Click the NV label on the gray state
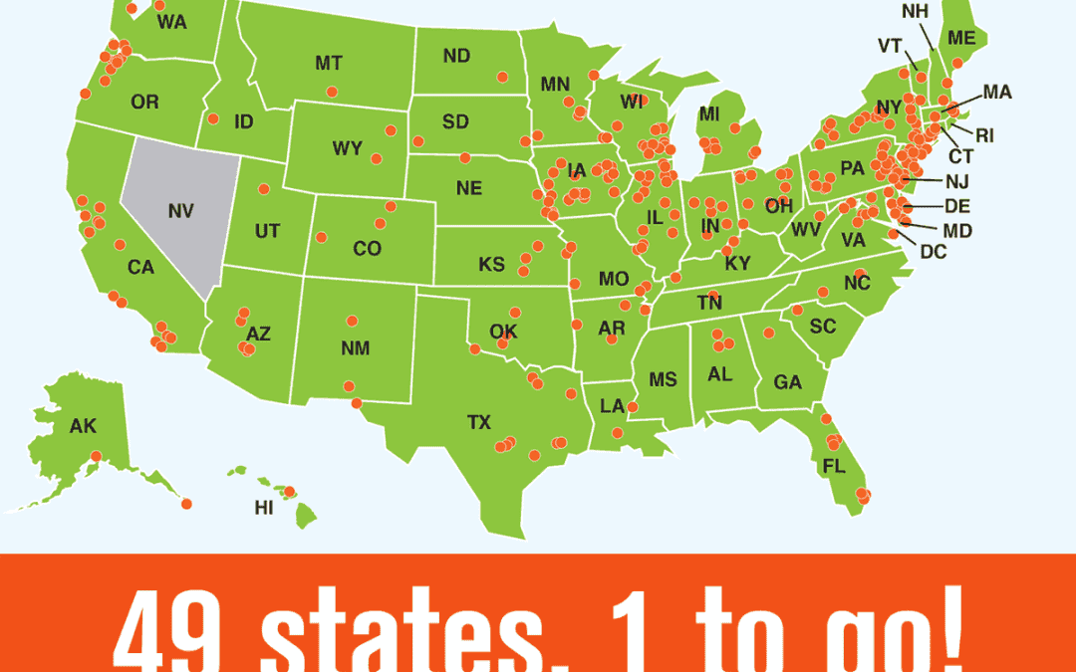pos(180,211)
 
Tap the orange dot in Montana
pos(332,92)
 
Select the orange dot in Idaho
pos(214,117)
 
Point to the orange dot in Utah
pos(264,189)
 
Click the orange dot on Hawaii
pos(290,491)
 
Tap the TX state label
pos(479,423)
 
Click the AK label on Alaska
pos(83,426)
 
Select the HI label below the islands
pos(264,508)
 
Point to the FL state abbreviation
pos(834,466)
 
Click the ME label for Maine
pos(961,38)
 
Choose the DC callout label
pos(934,252)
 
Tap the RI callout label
pos(984,135)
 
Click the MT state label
pos(329,63)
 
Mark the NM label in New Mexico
pos(355,347)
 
